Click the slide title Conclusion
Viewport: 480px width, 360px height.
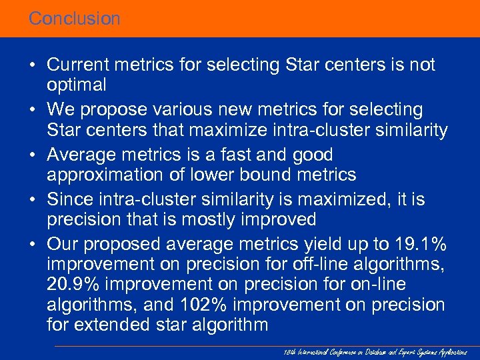(74, 19)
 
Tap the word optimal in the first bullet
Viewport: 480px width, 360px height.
(77, 85)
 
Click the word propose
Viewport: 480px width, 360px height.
(117, 109)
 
